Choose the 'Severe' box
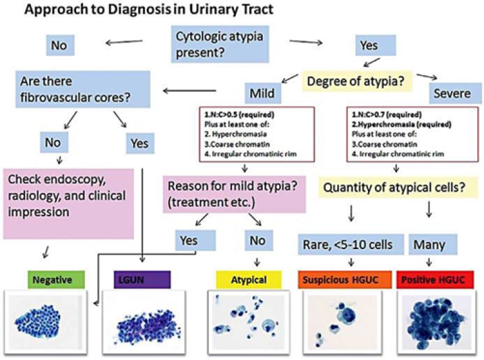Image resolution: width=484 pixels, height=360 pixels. click(452, 93)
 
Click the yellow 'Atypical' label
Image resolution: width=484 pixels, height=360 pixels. click(249, 279)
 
